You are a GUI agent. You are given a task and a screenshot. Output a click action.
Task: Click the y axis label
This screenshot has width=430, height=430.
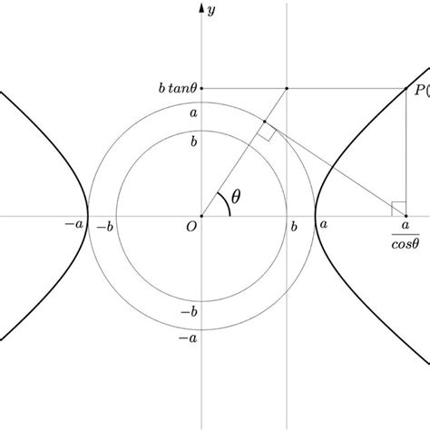[210, 11]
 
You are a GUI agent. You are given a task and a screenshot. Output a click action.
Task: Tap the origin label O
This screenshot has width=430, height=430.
[191, 229]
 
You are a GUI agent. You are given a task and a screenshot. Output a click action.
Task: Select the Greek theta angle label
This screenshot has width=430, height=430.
[237, 196]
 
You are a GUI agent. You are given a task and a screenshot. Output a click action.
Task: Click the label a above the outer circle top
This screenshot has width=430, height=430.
[192, 113]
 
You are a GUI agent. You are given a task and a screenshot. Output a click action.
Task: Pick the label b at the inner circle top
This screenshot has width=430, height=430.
[192, 142]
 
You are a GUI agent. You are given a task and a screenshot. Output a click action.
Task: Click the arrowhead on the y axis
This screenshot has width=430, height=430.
[200, 7]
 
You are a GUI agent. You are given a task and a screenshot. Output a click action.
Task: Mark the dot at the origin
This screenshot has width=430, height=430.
[200, 216]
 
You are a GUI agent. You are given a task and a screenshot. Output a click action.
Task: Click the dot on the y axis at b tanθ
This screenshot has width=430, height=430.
[200, 88]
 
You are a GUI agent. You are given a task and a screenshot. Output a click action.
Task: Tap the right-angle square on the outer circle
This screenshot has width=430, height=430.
[266, 133]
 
